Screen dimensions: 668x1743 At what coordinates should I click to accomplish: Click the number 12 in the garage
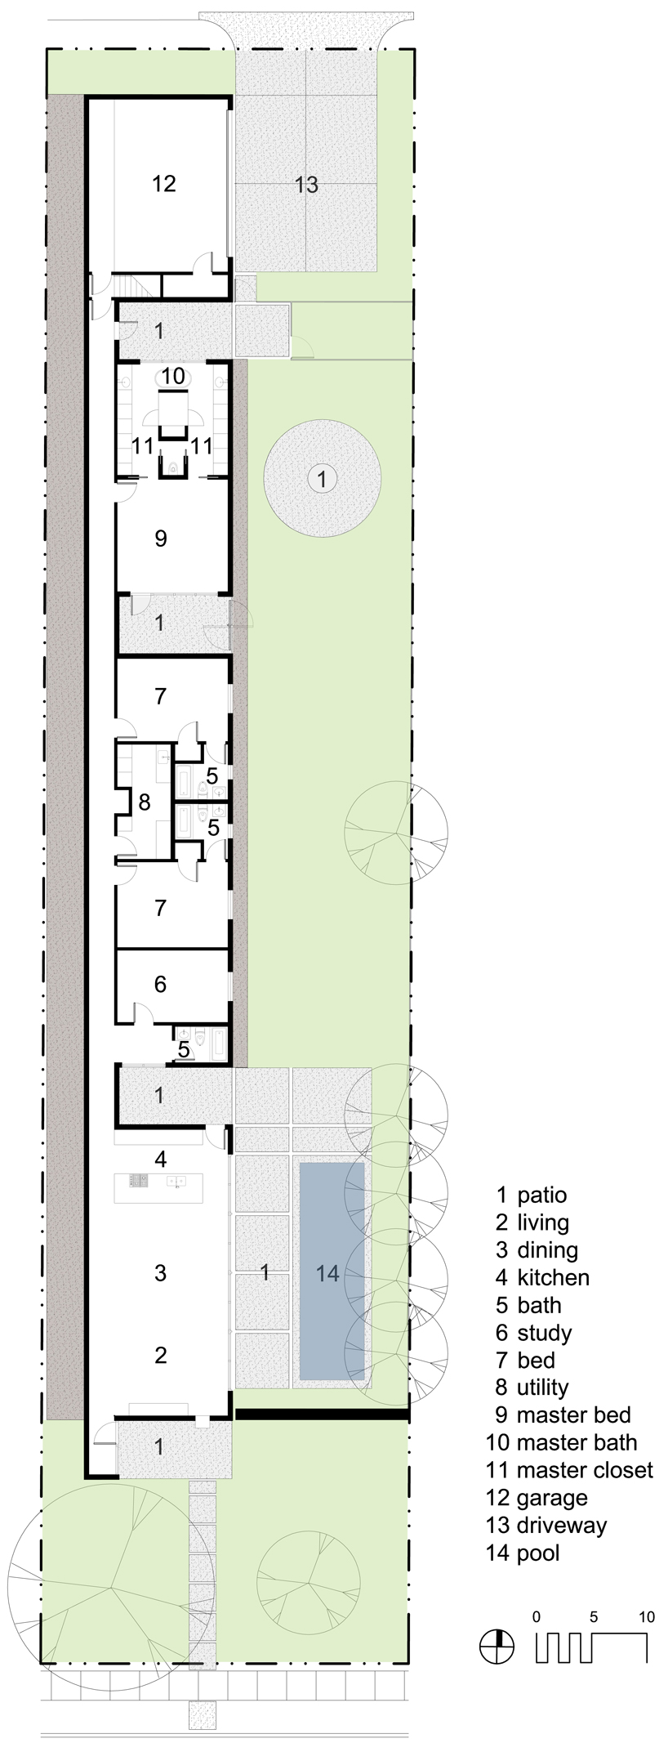click(164, 183)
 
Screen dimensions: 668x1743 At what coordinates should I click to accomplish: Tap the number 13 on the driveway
click(306, 185)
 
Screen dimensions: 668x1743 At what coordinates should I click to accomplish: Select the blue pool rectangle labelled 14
click(332, 1271)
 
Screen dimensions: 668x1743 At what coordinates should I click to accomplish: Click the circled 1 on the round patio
click(323, 479)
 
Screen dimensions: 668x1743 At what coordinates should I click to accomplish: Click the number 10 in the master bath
click(173, 377)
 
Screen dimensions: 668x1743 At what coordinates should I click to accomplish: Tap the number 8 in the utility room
click(144, 802)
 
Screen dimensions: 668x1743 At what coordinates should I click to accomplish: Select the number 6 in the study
click(160, 984)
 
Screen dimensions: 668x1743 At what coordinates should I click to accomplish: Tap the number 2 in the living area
click(161, 1354)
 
